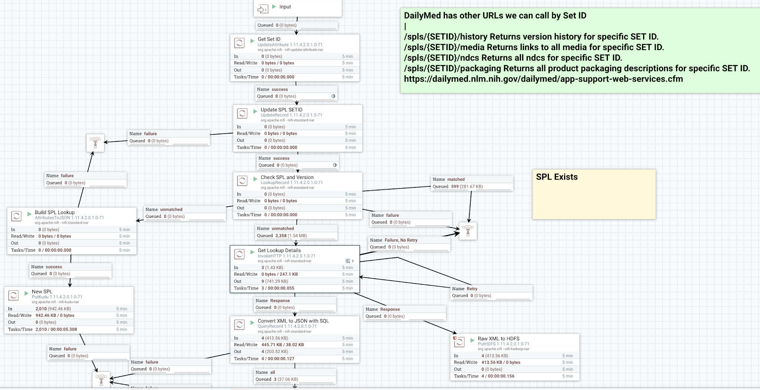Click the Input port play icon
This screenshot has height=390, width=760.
click(274, 7)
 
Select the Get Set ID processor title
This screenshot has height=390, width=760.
click(269, 39)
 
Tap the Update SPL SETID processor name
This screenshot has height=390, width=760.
click(281, 109)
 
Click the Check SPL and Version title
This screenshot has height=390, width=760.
click(287, 177)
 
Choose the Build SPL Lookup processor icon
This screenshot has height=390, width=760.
click(16, 216)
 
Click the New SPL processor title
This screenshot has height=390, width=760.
click(42, 291)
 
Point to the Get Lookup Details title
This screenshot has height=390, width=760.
click(279, 250)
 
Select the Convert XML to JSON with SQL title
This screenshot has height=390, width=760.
click(293, 321)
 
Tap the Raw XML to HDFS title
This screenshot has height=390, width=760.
click(498, 338)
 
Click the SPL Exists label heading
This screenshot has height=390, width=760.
click(557, 177)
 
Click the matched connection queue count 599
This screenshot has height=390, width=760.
click(455, 186)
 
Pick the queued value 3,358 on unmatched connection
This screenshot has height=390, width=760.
click(281, 235)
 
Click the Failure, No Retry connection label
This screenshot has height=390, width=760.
click(401, 240)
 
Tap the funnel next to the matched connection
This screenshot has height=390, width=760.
click(468, 231)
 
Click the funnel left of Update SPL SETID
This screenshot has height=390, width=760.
click(95, 142)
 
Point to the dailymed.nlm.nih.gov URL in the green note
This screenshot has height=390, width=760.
click(543, 79)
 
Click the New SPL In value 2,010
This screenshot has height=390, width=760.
click(41, 308)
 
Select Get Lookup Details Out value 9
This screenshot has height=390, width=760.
click(262, 281)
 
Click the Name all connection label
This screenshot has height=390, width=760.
click(272, 372)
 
